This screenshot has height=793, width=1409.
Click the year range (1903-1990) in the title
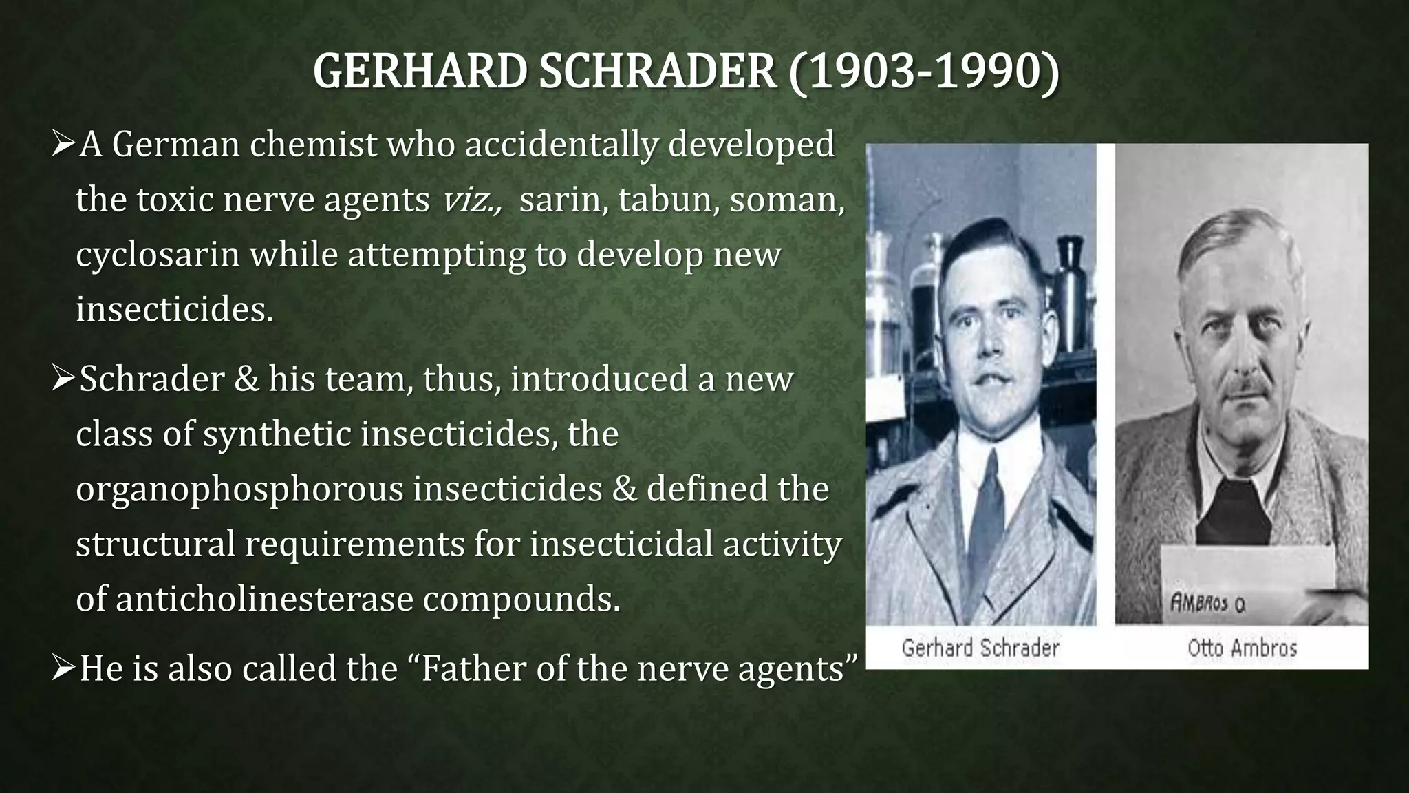[923, 72]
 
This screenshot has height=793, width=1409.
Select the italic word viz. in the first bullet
[472, 200]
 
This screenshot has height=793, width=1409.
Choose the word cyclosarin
[158, 255]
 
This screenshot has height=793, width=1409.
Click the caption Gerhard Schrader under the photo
[980, 648]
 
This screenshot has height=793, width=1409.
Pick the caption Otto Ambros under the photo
[1242, 648]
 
